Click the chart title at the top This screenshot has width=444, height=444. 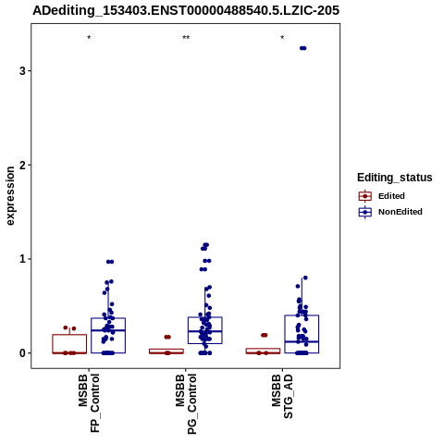[186, 10]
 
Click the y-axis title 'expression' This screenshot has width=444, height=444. [10, 196]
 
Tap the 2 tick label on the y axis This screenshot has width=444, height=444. [22, 165]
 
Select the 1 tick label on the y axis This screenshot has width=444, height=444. [22, 259]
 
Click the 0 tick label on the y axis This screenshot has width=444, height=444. [22, 353]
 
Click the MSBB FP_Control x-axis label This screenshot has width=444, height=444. [89, 402]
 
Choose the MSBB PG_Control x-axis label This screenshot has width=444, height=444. [186, 403]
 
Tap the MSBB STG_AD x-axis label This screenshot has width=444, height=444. [282, 396]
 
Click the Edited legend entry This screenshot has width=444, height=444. [382, 196]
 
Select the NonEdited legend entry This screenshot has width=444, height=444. [390, 212]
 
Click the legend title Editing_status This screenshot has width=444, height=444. [395, 178]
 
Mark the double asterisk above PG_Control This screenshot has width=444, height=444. [186, 38]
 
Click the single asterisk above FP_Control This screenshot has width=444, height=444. [89, 38]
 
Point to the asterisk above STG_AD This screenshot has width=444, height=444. [282, 38]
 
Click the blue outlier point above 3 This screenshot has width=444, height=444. [303, 48]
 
